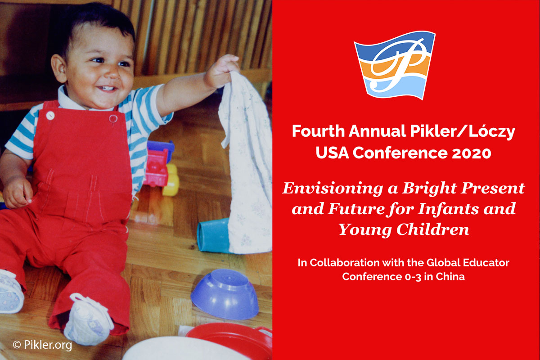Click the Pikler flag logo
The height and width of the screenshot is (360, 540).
tap(395, 65)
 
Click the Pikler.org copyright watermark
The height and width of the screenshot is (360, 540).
tap(42, 346)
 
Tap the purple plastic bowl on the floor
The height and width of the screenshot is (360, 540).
tap(224, 293)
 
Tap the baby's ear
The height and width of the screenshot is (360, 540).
tap(58, 67)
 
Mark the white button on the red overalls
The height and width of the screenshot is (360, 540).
tap(50, 115)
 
